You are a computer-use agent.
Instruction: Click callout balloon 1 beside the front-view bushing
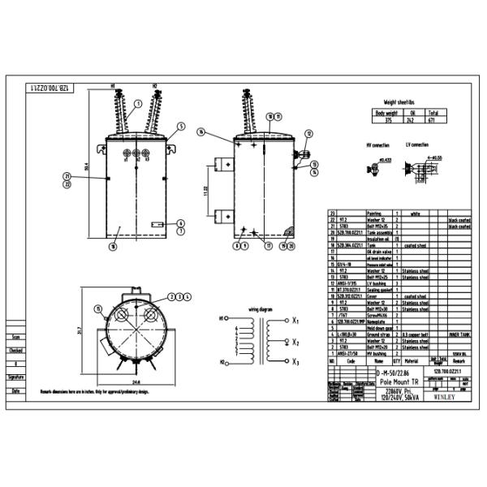point(138,104)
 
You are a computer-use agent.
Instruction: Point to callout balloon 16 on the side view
point(200,131)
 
